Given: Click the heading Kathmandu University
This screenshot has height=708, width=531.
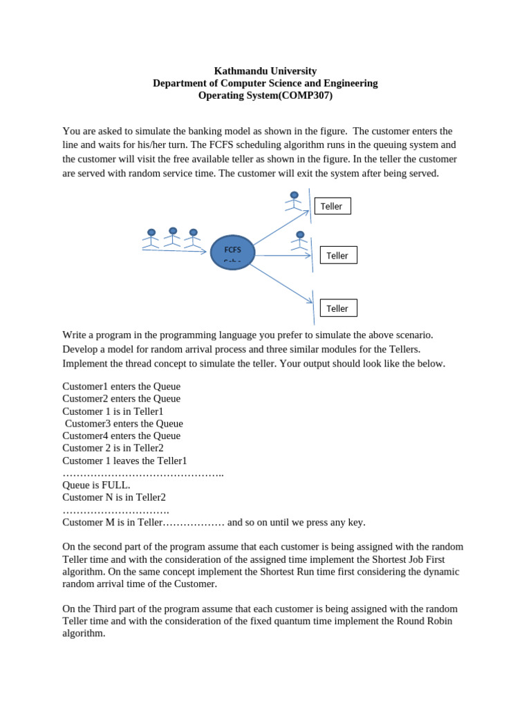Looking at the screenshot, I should point(265,71).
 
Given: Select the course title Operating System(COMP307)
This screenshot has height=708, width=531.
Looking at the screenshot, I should point(265,95).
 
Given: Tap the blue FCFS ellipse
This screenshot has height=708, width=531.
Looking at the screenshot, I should point(232,252).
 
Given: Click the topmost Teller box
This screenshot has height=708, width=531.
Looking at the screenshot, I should point(332,206).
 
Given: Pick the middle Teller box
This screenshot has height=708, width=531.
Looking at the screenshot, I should point(338,255).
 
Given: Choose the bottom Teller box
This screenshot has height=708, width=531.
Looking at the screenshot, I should point(338,308).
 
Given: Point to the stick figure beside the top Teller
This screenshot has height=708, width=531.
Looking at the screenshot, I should point(294,201).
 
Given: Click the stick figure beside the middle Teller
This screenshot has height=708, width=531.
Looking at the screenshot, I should point(299,241).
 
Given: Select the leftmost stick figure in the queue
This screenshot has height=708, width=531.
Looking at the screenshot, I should point(151,239).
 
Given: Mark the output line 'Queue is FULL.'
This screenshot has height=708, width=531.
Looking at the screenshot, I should point(96,485).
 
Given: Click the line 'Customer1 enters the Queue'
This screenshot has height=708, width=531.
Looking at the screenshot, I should point(121,386).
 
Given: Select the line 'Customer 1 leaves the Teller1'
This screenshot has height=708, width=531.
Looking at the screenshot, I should point(124,460).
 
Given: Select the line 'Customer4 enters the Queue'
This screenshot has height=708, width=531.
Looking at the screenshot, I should point(121,436).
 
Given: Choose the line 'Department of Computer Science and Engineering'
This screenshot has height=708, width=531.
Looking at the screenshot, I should point(265,83).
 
